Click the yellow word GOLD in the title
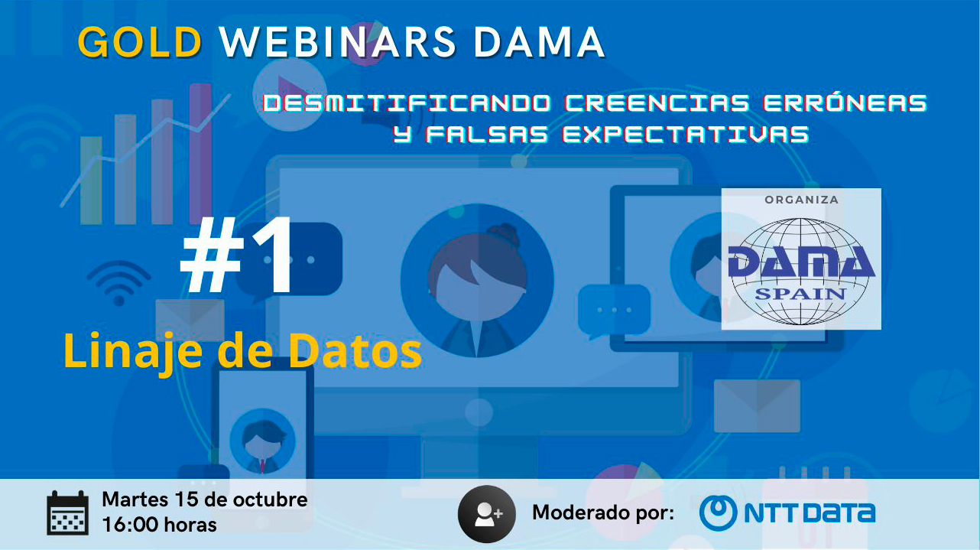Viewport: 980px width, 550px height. [140, 42]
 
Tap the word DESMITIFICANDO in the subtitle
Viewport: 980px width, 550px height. [407, 103]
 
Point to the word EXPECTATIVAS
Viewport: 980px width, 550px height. [686, 134]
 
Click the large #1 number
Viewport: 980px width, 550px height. [236, 255]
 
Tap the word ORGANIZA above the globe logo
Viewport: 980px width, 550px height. [801, 200]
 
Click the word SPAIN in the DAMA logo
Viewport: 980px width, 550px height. [800, 294]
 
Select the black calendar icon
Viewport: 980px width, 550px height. [68, 513]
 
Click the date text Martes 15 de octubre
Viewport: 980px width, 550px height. [205, 500]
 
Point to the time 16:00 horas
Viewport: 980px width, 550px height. [160, 525]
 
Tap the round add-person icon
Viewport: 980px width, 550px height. [486, 513]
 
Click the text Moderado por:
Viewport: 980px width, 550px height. [603, 513]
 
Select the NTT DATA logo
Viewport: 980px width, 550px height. [787, 513]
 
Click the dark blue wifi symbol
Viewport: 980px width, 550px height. [119, 282]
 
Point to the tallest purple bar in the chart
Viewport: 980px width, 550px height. [200, 153]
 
